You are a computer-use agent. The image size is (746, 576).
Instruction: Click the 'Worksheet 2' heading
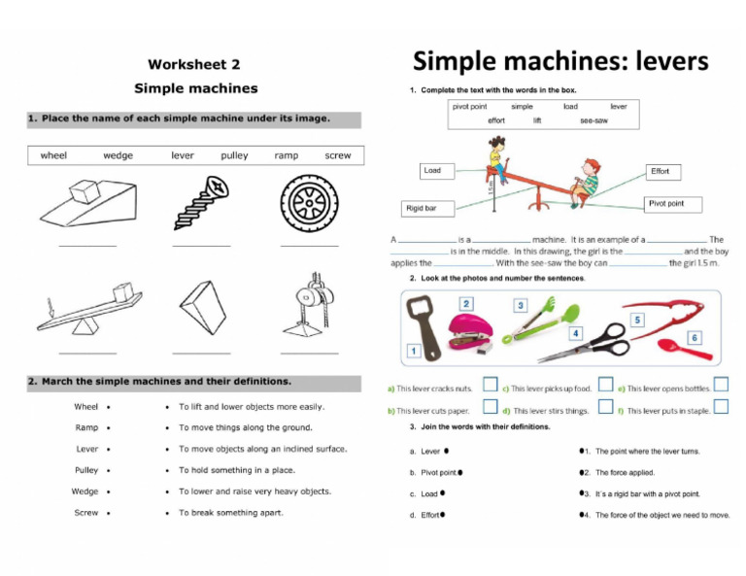193,64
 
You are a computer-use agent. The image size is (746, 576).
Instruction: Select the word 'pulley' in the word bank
234,155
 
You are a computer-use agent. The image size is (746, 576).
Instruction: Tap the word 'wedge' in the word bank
118,155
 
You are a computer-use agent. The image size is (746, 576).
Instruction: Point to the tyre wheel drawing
309,202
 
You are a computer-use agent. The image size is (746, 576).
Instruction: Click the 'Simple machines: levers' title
560,62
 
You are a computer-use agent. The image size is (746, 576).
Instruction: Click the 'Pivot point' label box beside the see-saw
672,204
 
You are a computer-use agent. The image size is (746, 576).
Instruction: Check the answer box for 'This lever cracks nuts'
490,386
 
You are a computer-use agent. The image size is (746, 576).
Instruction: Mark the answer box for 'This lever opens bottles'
720,386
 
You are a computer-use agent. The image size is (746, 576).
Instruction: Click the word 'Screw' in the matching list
86,512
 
